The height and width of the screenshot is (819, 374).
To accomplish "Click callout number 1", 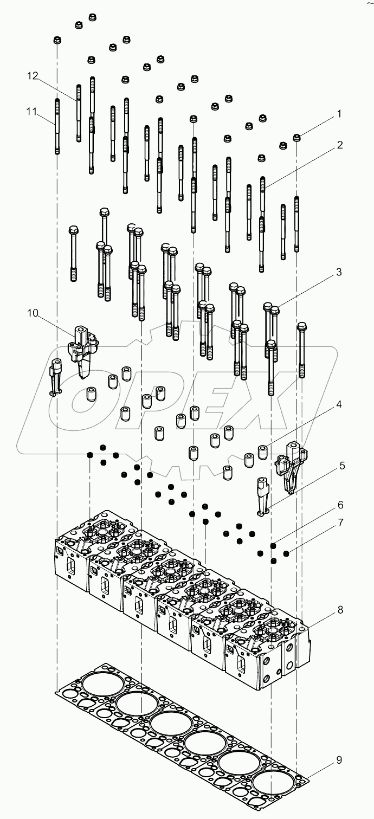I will [x=339, y=114].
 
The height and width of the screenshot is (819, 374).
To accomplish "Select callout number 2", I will [x=339, y=145].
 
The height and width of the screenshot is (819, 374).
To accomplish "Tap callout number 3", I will [x=339, y=273].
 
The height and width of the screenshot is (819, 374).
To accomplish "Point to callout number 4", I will [x=339, y=404].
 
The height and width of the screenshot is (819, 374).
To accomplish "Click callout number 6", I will [x=340, y=505].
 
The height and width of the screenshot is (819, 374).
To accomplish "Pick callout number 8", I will [x=340, y=610].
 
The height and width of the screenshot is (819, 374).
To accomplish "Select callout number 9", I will [x=339, y=760].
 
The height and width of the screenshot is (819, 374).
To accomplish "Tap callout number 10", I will [x=33, y=313].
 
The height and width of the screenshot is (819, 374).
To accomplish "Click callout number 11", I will [x=31, y=112].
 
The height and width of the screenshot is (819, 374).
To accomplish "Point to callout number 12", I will [x=34, y=76].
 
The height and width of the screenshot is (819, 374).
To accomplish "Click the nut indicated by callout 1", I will [x=297, y=138].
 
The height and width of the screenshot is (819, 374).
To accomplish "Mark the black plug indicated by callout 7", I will [x=286, y=553].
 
